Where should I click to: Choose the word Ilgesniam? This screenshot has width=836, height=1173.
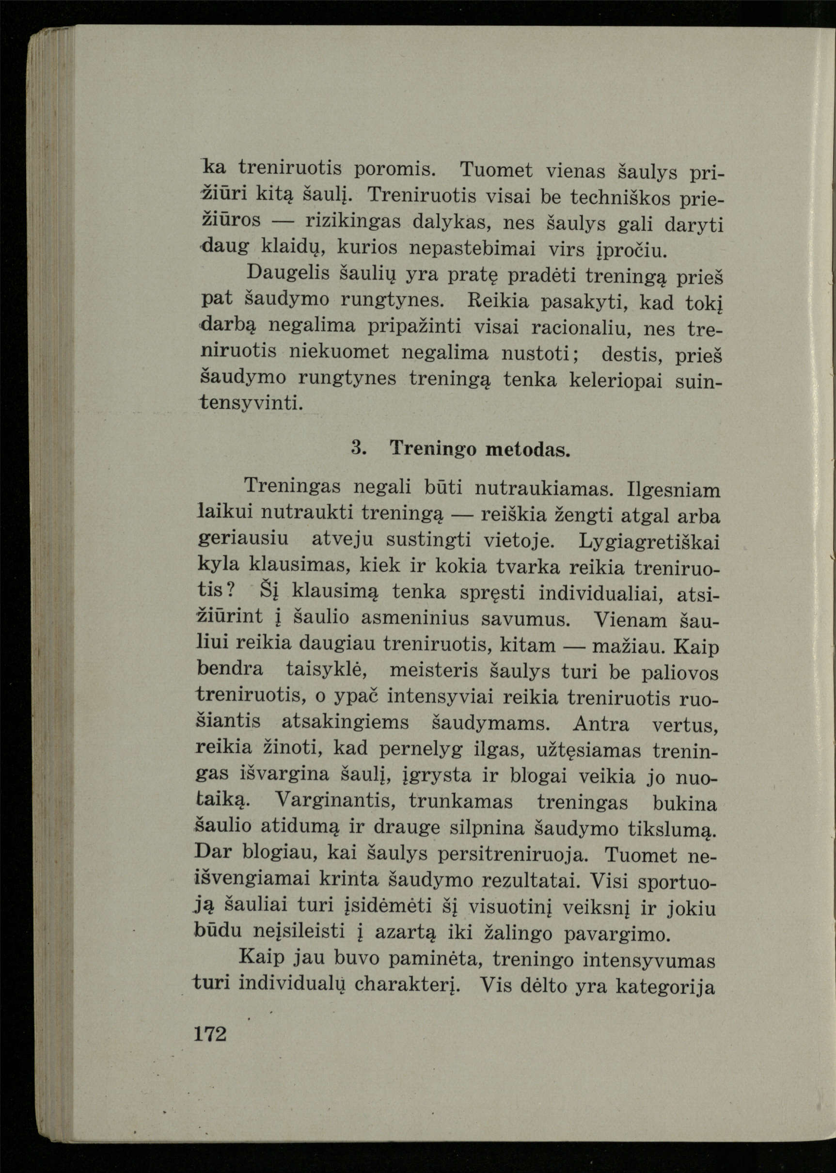pos(674,489)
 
